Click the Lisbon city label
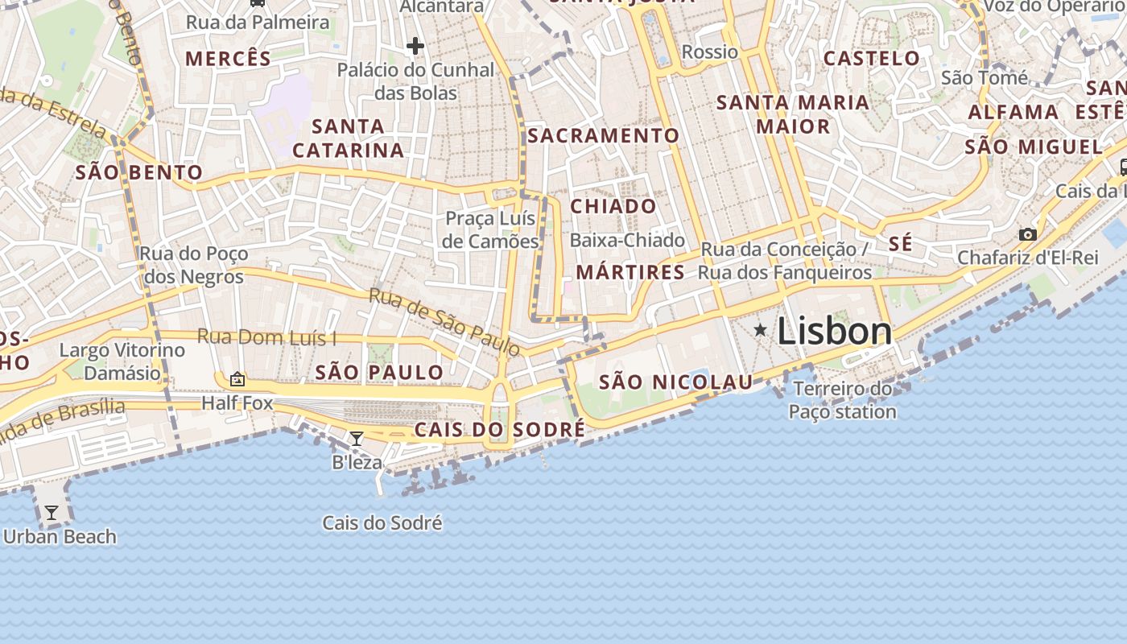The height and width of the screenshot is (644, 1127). click(x=835, y=331)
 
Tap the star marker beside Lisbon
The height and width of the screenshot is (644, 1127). click(x=760, y=330)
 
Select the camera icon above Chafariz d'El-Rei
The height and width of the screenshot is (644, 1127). click(x=1027, y=234)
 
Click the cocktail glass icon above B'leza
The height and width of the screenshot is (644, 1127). click(x=357, y=439)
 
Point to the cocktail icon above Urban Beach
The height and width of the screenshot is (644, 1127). click(x=52, y=513)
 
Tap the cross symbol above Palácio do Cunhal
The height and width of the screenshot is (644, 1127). click(x=415, y=46)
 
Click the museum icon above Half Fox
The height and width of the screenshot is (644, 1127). click(x=237, y=378)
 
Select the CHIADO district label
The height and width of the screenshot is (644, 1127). click(x=613, y=206)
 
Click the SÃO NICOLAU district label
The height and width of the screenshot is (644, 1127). click(x=675, y=382)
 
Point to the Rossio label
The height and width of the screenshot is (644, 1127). click(x=709, y=52)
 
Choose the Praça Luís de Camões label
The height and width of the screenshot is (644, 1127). click(x=490, y=229)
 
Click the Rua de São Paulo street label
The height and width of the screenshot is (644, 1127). click(x=444, y=321)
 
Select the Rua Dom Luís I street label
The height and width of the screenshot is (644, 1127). click(x=266, y=337)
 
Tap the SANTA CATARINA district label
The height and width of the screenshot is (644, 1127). click(x=348, y=138)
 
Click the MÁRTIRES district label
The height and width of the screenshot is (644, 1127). click(x=630, y=272)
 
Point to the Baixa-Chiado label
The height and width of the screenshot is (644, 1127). click(x=627, y=240)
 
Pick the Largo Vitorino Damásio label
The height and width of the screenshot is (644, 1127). click(x=122, y=361)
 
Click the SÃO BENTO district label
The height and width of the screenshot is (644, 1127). click(x=138, y=172)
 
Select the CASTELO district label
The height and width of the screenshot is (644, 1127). click(x=871, y=58)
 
